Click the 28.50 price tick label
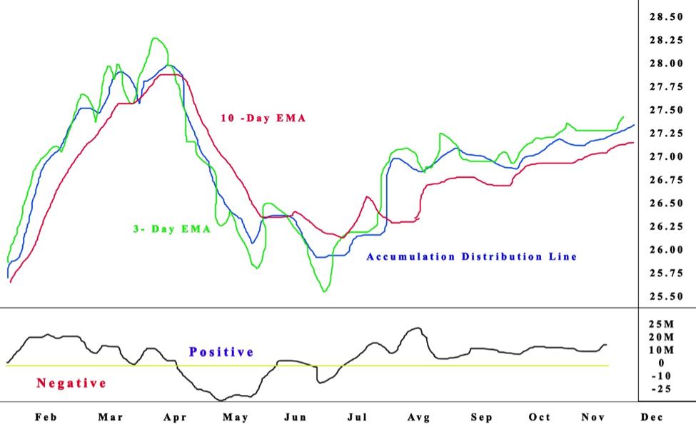pos(665,17)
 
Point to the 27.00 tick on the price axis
pos(665,156)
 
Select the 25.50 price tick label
pos(665,296)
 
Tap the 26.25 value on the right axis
pos(665,226)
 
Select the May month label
pos(236,417)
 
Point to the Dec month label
pos(652,417)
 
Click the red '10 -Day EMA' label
pos(263,119)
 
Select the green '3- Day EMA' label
pos(171,230)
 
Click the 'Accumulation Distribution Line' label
pos(471,256)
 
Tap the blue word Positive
pos(221,352)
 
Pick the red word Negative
pos(71,383)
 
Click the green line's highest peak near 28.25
pos(155,38)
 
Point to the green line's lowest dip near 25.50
pos(325,291)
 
